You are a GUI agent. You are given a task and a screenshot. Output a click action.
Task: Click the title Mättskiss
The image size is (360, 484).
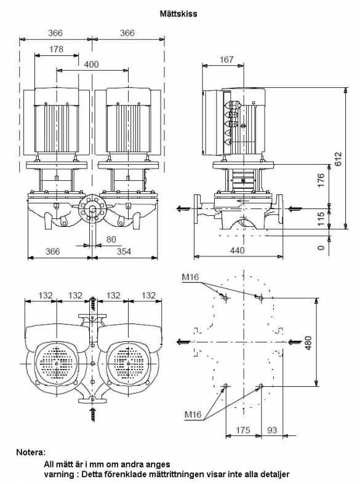pyautogui.click(x=178, y=14)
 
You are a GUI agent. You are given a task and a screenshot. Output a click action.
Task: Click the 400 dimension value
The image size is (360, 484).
pyautogui.click(x=92, y=64)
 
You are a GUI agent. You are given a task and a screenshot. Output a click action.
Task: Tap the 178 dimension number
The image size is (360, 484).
pyautogui.click(x=56, y=49)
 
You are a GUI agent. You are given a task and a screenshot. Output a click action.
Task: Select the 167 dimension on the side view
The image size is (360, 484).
pyautogui.click(x=226, y=59)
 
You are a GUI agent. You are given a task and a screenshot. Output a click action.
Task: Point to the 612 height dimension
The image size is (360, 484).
pyautogui.click(x=338, y=159)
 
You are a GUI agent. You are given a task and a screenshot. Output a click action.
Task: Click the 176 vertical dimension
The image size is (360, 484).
pyautogui.click(x=321, y=180)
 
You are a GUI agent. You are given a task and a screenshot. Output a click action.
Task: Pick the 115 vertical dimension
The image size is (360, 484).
pyautogui.click(x=321, y=218)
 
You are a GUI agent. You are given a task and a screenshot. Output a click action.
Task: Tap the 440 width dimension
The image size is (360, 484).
pyautogui.click(x=237, y=250)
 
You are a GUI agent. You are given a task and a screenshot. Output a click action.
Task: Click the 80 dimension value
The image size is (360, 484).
pyautogui.click(x=111, y=239)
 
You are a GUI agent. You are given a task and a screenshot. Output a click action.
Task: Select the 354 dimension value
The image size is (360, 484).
pyautogui.click(x=124, y=252)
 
